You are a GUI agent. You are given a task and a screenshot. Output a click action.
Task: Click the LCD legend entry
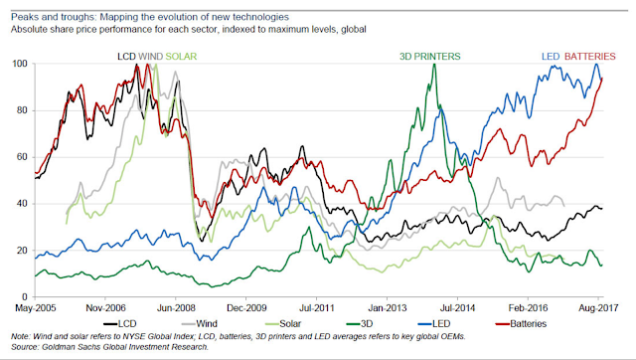(x=119, y=324)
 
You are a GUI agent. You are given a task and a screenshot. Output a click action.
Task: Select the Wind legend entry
(x=199, y=324)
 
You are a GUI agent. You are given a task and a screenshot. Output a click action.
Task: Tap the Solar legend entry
(x=283, y=324)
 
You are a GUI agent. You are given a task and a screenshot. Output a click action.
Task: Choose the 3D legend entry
(x=360, y=324)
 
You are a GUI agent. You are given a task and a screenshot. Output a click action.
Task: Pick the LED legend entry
(x=433, y=324)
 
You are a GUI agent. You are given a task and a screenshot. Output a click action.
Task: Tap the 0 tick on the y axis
(x=25, y=297)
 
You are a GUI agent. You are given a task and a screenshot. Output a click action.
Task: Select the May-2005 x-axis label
(x=36, y=308)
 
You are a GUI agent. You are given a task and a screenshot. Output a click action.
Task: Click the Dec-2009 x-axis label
(x=246, y=308)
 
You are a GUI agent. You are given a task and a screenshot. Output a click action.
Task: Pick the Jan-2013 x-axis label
(x=387, y=308)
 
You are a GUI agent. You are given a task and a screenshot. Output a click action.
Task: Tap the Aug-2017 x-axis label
(x=598, y=308)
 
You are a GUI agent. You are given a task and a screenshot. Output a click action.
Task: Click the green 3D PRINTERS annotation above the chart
(x=430, y=57)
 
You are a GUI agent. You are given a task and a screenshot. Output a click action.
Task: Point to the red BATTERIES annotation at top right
(x=590, y=57)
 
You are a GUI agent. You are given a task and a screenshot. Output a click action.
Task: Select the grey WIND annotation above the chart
(x=150, y=57)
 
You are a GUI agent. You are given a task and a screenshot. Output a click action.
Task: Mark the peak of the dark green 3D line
(x=434, y=64)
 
